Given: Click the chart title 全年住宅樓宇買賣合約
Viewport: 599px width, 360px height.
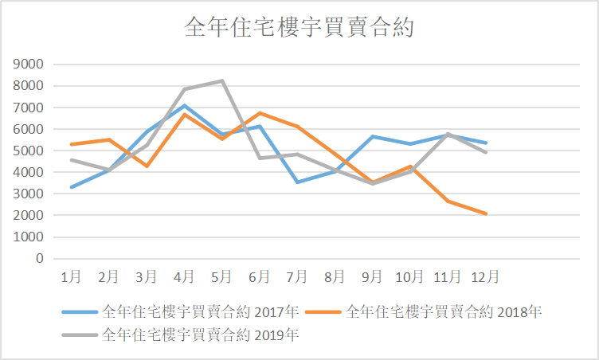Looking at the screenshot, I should click(x=299, y=27).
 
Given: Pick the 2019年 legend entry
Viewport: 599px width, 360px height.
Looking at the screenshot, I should click(x=200, y=335).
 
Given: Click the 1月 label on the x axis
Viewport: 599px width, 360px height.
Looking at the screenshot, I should click(x=71, y=276).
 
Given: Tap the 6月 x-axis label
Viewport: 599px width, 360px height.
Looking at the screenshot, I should click(x=260, y=276).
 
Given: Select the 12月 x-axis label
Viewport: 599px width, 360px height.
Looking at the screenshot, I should click(x=485, y=276).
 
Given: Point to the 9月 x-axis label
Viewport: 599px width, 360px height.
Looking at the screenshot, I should click(x=373, y=276).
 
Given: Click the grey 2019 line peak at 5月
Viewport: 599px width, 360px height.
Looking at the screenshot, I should click(x=222, y=80).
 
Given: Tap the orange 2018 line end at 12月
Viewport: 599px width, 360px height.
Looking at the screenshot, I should click(x=486, y=213).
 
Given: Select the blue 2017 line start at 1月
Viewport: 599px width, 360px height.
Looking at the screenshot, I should click(x=72, y=187).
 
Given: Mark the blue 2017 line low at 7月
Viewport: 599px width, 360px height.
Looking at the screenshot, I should click(x=297, y=182).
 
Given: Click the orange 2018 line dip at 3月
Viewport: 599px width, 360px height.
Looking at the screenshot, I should click(x=147, y=166).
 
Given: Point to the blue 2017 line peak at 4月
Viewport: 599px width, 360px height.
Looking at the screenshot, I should click(x=185, y=105).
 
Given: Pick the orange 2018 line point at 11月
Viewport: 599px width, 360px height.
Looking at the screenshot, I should click(x=448, y=201).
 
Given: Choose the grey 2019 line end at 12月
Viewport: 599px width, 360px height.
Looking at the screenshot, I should click(x=486, y=152).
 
